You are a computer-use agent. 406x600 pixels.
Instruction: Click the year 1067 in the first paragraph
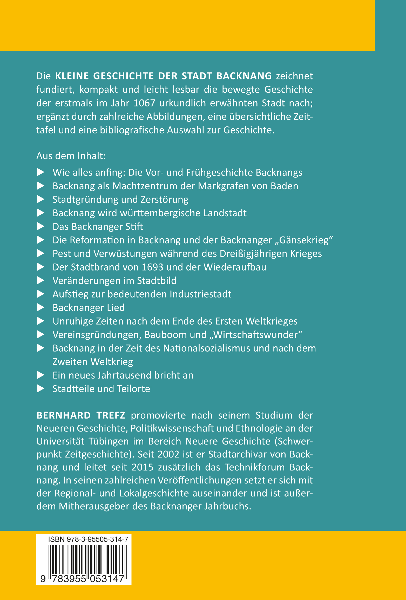click(144, 103)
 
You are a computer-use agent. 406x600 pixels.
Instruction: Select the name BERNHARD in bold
click(64, 415)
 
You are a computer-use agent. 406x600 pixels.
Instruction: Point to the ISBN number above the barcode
click(88, 540)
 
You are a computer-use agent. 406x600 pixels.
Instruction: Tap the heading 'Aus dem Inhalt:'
click(71, 156)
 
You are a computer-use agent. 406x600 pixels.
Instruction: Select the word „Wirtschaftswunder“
click(256, 335)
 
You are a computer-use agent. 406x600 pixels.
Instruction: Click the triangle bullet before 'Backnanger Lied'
click(41, 308)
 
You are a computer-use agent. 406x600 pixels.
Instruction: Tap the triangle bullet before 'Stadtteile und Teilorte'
click(41, 389)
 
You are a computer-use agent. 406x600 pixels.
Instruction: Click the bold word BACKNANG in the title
click(244, 76)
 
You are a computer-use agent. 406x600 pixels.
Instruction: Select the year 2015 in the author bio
click(142, 467)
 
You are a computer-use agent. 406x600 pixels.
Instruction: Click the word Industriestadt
click(200, 294)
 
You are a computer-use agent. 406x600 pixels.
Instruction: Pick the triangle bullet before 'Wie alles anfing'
click(41, 172)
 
